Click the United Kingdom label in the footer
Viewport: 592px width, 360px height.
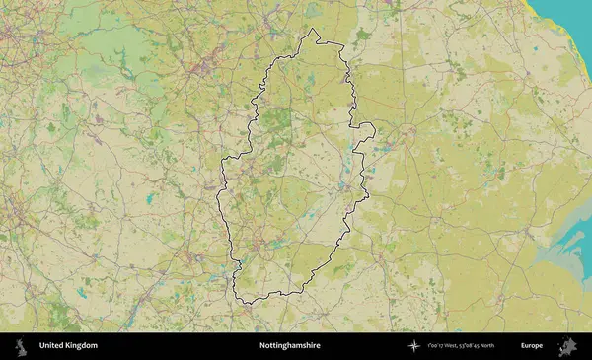tap(68, 346)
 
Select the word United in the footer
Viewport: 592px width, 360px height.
tap(50, 346)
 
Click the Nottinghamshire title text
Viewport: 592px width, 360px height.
tap(289, 346)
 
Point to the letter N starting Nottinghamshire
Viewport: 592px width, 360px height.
tap(261, 346)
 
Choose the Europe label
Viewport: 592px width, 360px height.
tap(532, 346)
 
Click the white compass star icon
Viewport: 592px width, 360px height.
tap(413, 346)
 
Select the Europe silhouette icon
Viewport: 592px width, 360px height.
tap(567, 346)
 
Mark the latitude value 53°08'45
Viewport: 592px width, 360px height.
tap(486, 346)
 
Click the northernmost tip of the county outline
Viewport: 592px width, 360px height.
tap(314, 29)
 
